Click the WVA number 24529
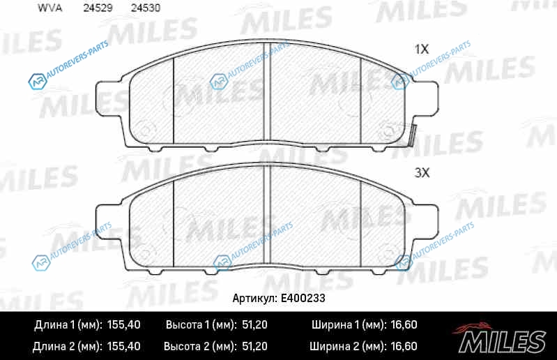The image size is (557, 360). point(98,8)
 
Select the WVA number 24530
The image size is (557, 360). point(146,8)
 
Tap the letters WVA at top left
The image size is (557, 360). point(50,8)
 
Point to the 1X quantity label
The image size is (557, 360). point(422,49)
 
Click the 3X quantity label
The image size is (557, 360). point(422,173)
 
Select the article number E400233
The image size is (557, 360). point(303,298)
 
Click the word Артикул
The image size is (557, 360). point(254,298)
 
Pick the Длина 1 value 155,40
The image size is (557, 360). point(123,324)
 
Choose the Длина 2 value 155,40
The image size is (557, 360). point(123,346)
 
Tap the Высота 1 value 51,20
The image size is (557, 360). point(254,324)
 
